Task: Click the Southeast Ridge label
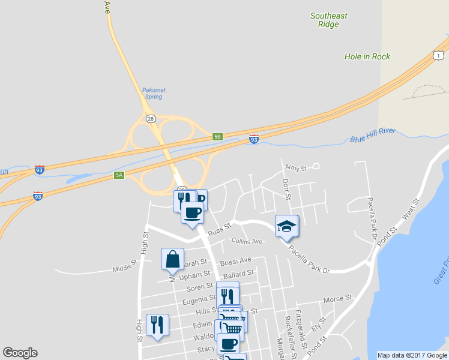tap(328, 20)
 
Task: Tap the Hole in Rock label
tap(367, 56)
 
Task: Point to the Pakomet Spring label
tap(154, 94)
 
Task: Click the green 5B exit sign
tap(218, 137)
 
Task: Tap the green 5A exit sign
tap(119, 175)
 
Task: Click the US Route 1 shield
tap(439, 55)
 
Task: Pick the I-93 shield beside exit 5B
tap(254, 139)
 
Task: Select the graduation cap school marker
tap(286, 226)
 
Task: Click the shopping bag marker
tap(172, 259)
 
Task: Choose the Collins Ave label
tap(247, 241)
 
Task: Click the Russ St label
tap(219, 230)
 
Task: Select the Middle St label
tap(125, 268)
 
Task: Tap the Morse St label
tap(337, 299)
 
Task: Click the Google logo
tap(20, 353)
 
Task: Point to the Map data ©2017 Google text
tap(412, 355)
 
